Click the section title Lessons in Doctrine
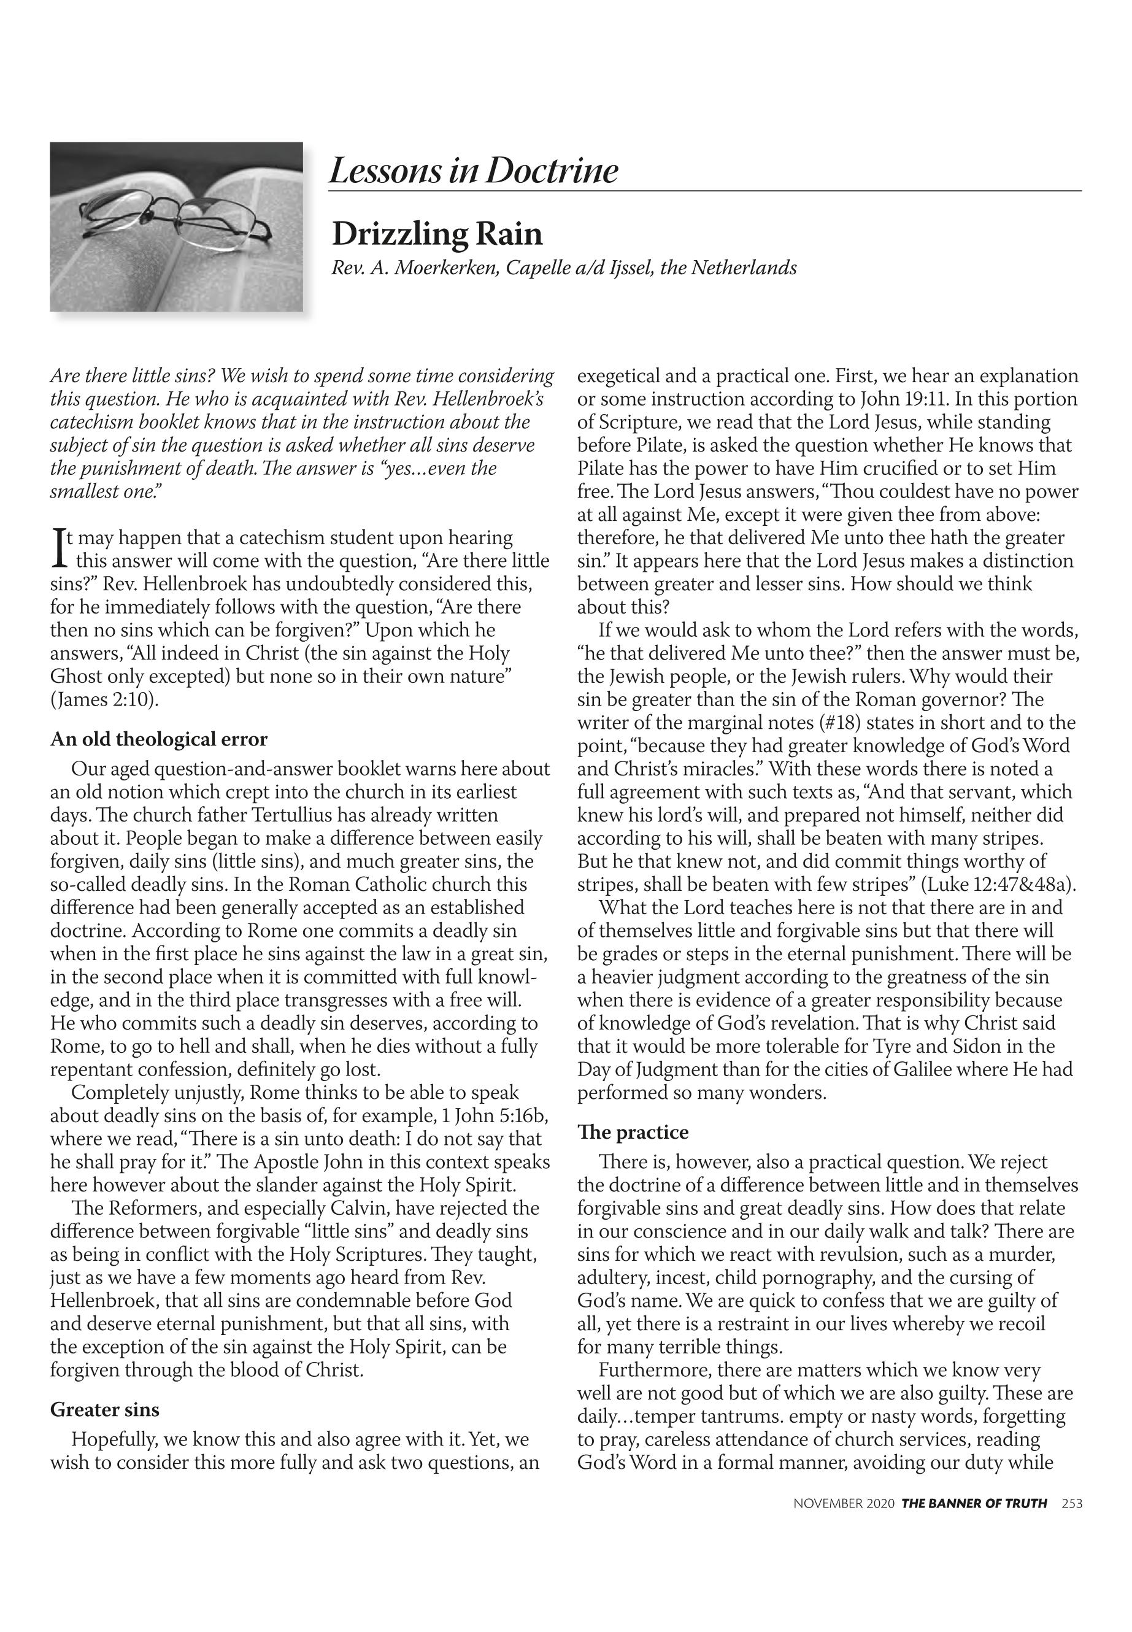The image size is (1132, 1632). [473, 171]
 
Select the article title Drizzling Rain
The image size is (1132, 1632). [437, 234]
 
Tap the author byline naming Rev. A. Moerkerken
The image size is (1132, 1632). [564, 268]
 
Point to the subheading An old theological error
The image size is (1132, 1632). [159, 739]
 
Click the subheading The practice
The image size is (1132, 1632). [633, 1132]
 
